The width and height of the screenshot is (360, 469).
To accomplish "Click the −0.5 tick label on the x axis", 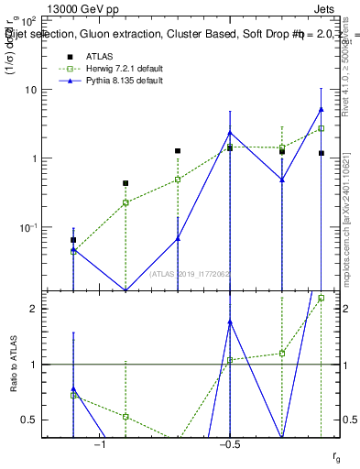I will pyautogui.click(x=229, y=445).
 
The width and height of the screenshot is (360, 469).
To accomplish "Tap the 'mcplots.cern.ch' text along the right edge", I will pyautogui.click(x=349, y=247).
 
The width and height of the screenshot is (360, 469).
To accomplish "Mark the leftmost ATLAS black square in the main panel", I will pyautogui.click(x=73, y=240).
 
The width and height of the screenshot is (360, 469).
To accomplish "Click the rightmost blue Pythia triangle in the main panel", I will pyautogui.click(x=321, y=109).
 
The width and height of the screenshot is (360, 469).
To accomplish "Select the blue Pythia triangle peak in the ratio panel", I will pyautogui.click(x=230, y=322).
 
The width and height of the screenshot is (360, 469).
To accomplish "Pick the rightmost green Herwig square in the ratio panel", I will pyautogui.click(x=321, y=298).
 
